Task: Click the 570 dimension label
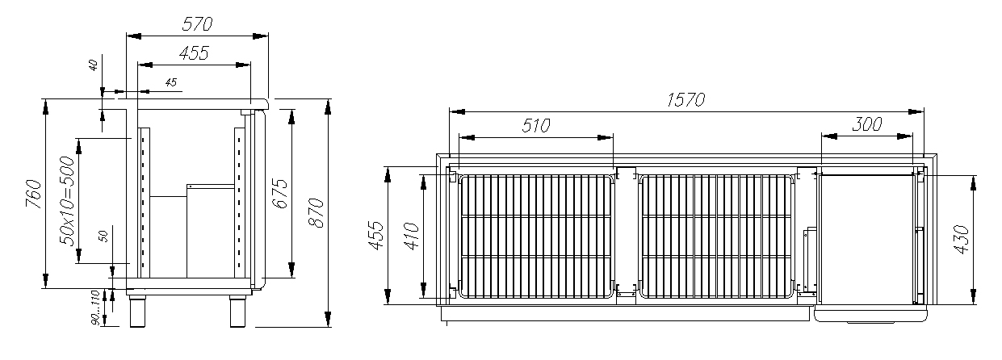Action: click(x=197, y=23)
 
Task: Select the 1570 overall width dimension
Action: click(x=685, y=99)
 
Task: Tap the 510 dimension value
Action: click(x=536, y=126)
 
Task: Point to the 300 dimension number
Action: click(x=867, y=123)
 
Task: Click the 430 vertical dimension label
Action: click(x=962, y=239)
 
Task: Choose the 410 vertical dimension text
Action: click(x=411, y=236)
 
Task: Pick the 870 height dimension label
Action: click(x=317, y=213)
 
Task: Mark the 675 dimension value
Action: click(x=280, y=193)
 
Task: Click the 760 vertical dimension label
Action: click(x=34, y=194)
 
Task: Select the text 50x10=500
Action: click(x=67, y=200)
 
